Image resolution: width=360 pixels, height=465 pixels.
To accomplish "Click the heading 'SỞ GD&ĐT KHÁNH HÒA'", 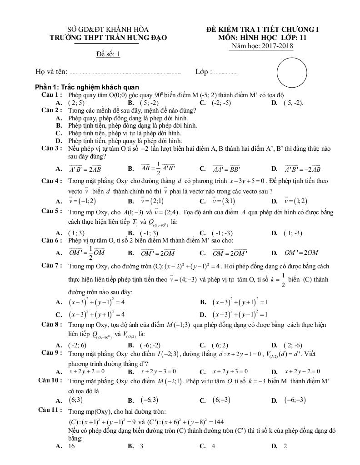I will pos(108,30).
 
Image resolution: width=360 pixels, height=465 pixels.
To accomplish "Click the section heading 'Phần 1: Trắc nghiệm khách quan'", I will pos(87,87).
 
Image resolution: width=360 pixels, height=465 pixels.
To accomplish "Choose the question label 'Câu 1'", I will pos(51,95).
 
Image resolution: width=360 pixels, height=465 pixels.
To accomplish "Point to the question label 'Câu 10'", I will pos(50,380).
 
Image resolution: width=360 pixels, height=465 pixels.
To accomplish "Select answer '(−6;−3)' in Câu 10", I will pos(295,400).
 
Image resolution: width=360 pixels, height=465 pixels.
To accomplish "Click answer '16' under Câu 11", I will pos(71,446).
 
